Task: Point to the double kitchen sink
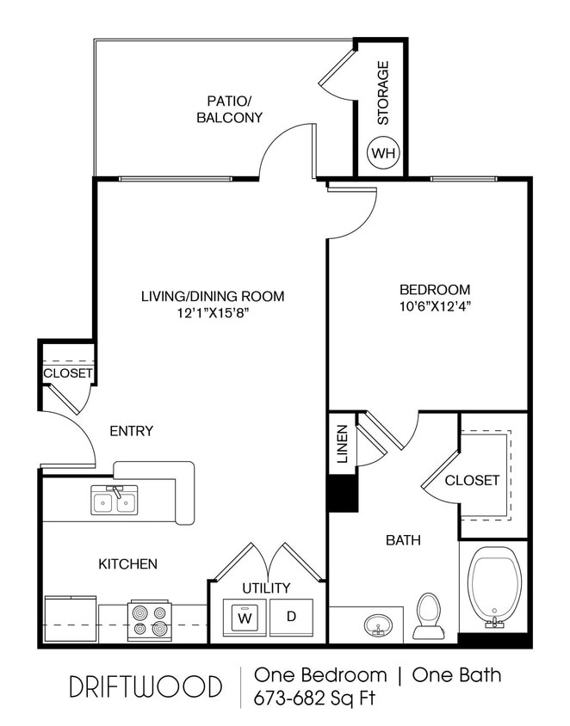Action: click(x=115, y=501)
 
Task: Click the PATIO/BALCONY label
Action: click(x=229, y=108)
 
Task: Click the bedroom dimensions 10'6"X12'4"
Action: click(x=435, y=306)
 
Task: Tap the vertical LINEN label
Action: click(x=342, y=444)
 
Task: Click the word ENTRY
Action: click(x=131, y=431)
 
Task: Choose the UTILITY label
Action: click(x=266, y=588)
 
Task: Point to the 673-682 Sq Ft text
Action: click(x=314, y=698)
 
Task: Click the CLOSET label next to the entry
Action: click(x=67, y=373)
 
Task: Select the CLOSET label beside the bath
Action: click(x=472, y=481)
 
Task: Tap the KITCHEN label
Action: click(x=127, y=564)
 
